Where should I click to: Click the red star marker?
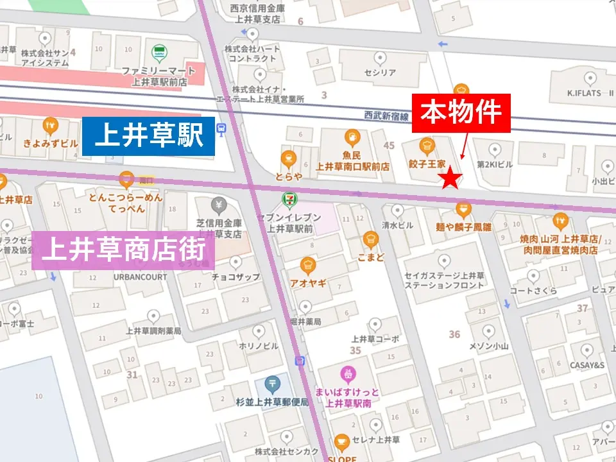451,179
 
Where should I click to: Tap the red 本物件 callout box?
461,114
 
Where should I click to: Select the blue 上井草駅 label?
148,136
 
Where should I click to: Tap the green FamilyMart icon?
158,53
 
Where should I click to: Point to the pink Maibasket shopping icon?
347,373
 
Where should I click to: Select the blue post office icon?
273,385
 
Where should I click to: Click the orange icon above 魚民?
352,137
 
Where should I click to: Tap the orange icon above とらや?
289,158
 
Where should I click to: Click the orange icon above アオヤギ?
308,265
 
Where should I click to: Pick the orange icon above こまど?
370,239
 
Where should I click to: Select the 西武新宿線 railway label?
386,116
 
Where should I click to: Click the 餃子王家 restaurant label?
427,164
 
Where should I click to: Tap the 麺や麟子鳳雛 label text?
463,226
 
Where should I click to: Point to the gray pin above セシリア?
380,58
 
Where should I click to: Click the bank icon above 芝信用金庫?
219,206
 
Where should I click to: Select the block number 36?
454,334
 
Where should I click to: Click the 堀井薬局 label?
305,321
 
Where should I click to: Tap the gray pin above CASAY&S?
586,350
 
